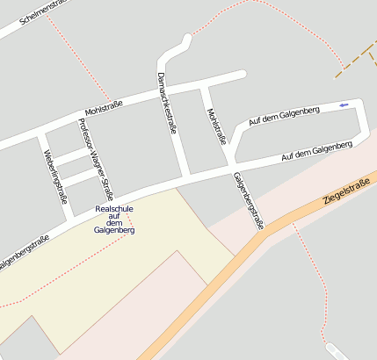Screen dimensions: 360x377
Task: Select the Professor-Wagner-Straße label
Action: [x=96, y=159]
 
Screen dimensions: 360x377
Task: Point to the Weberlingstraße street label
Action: [x=54, y=176]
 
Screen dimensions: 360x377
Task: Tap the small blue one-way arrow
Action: [x=343, y=105]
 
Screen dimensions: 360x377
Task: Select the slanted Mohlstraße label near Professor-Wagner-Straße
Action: [x=104, y=109]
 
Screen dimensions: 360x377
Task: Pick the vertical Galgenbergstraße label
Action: [x=247, y=200]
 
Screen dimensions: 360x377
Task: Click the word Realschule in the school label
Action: [x=114, y=209]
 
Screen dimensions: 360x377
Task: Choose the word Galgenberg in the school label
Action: [x=114, y=230]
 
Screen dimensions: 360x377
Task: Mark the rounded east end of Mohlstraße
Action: [x=242, y=75]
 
